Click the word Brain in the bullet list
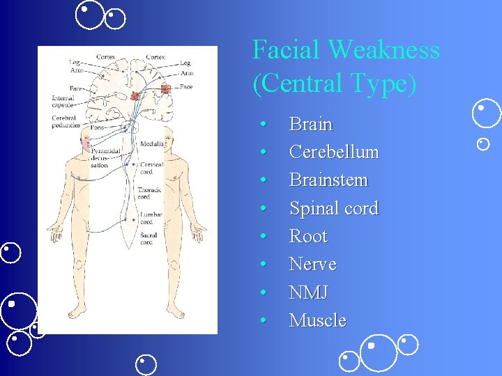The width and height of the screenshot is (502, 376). point(310,125)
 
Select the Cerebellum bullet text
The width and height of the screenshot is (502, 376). point(333,152)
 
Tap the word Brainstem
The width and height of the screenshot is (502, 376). point(328,180)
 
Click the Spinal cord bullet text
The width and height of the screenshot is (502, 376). point(333,208)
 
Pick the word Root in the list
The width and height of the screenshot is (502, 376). point(307,236)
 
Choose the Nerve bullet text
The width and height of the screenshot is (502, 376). point(312,265)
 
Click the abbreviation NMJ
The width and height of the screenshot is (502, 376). point(308,292)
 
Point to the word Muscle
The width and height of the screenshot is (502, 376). point(317,320)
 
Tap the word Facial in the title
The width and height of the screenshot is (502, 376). point(286,50)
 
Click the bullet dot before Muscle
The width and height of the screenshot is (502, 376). point(264,320)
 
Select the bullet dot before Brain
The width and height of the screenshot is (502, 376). point(264,125)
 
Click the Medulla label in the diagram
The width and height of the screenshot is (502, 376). point(152,143)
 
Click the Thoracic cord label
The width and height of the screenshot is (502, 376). point(149,192)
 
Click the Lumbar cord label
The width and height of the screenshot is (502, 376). point(151,219)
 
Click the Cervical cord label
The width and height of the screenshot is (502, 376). point(151,168)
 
